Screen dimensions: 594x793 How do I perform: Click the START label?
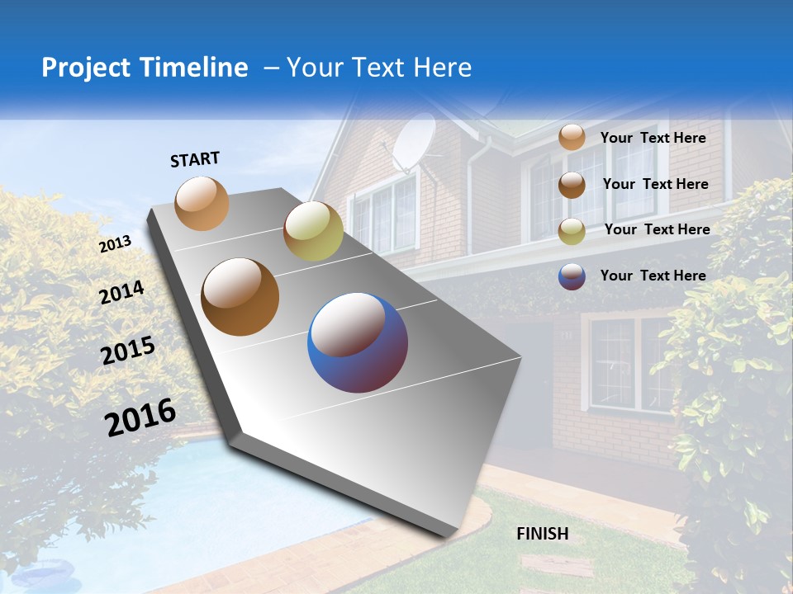(195, 159)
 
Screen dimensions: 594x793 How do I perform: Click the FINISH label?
(543, 534)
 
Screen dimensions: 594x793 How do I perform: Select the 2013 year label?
(115, 244)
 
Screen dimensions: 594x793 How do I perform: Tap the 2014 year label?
(122, 292)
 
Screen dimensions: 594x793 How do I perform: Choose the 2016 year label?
(140, 417)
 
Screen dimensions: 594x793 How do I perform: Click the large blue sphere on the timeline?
(358, 342)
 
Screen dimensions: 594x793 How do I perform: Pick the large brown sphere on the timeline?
(240, 297)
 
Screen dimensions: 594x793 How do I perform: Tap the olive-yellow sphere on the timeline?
(313, 231)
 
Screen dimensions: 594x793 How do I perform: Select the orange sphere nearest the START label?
(202, 203)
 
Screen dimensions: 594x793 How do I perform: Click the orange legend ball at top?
(572, 137)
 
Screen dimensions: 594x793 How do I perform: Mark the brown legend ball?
(572, 185)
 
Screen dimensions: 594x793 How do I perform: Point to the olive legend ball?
(572, 231)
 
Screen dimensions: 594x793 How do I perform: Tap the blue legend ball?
(572, 276)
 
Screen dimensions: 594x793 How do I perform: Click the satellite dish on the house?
(413, 142)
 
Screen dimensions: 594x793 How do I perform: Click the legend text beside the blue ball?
(653, 276)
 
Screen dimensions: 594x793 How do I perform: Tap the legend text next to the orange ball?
(653, 138)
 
